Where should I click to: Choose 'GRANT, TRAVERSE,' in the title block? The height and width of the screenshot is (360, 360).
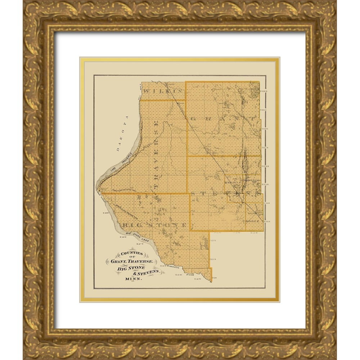click(134, 261)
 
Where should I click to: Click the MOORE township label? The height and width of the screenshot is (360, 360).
click(252, 220)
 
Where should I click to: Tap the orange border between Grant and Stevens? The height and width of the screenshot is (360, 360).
click(223, 156)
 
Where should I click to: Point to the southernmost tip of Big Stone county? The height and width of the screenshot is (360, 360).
click(211, 281)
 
